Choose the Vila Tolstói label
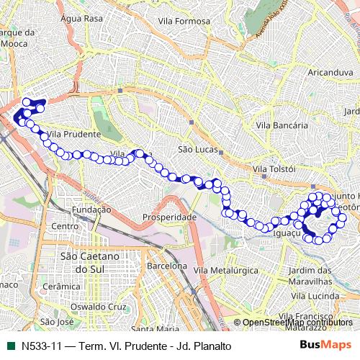(274, 168)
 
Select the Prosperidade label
(169, 217)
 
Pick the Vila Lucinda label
(310, 295)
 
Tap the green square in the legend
(10, 346)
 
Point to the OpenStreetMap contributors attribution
(297, 323)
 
